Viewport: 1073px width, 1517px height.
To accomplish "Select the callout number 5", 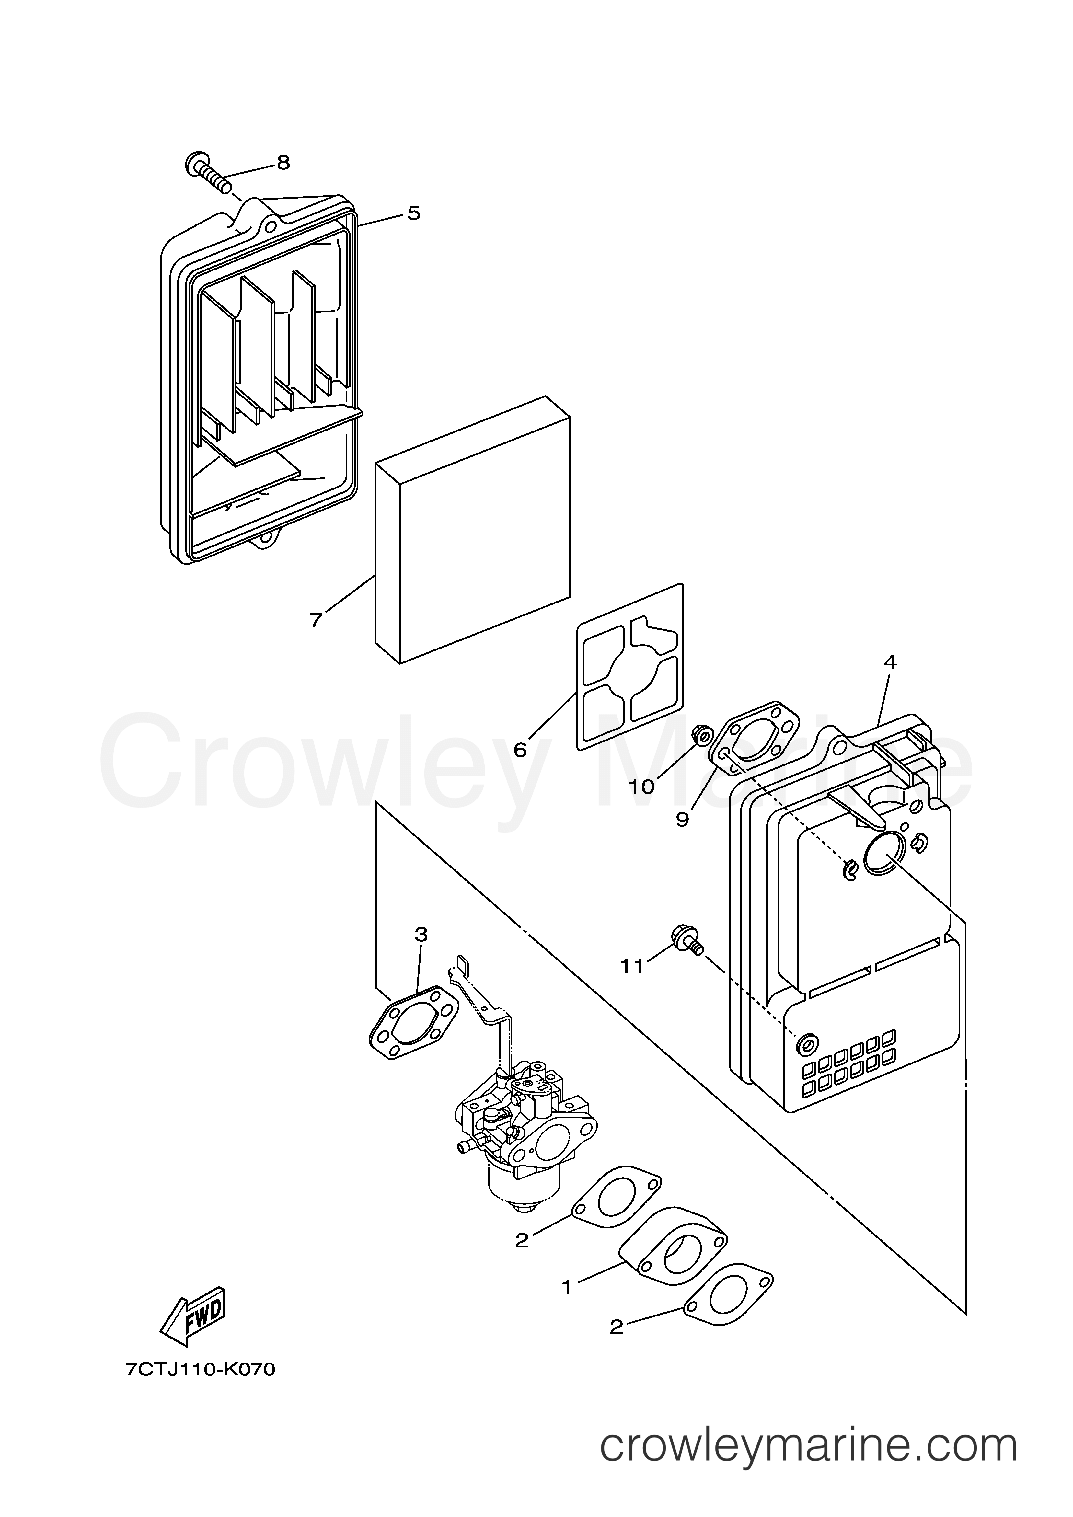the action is pos(414,213).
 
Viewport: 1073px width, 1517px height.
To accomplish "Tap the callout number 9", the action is pos(682,819).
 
